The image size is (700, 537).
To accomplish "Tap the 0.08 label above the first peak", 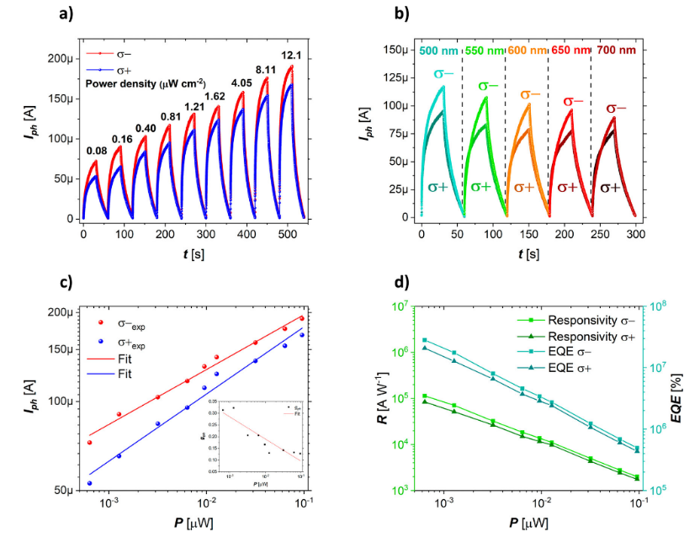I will click(97, 151).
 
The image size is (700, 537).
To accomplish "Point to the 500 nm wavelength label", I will click(441, 50).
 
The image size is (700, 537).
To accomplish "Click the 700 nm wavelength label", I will click(617, 50).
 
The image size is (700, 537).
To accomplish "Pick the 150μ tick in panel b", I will click(397, 50).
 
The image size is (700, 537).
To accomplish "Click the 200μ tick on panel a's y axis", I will click(56, 60).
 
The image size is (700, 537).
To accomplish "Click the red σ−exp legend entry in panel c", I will click(119, 325).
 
